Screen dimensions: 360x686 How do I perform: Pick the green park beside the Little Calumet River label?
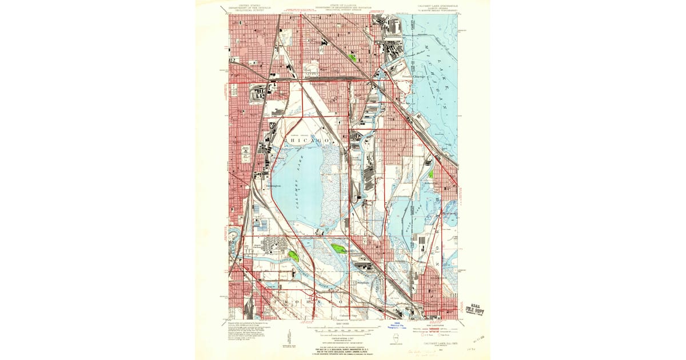click(294, 256)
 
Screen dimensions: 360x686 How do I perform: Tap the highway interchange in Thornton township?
click(309, 301)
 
